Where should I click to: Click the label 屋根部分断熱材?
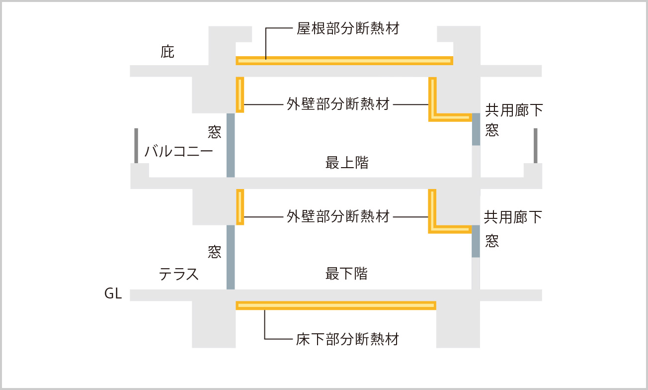click(x=348, y=28)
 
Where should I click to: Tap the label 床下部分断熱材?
click(x=348, y=339)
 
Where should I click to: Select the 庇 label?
click(x=167, y=52)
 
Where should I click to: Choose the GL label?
click(x=113, y=294)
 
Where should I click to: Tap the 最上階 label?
click(x=347, y=163)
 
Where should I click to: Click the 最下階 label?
click(x=347, y=273)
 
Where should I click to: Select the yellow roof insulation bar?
click(x=344, y=61)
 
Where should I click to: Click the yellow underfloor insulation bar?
click(x=336, y=305)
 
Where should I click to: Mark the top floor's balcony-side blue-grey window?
click(x=231, y=145)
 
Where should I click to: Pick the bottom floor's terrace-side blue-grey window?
click(x=231, y=257)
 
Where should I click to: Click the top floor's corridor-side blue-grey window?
click(x=476, y=129)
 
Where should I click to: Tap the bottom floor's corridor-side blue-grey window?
click(x=476, y=241)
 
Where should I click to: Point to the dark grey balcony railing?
click(x=136, y=145)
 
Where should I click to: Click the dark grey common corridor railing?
click(x=535, y=145)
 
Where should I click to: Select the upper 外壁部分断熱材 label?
click(x=338, y=104)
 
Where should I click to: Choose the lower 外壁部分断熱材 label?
click(x=338, y=216)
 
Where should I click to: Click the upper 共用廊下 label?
click(x=514, y=110)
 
